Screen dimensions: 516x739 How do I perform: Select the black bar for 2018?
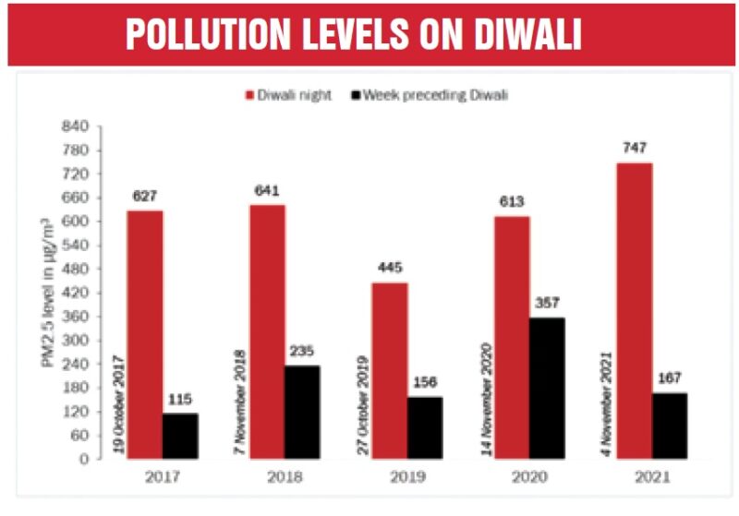coord(302,412)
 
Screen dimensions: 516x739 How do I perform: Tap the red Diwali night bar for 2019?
coord(389,370)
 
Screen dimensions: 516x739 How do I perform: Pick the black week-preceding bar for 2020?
coord(546,388)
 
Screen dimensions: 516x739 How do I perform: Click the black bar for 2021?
coord(669,426)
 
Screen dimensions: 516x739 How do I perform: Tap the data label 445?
coord(389,269)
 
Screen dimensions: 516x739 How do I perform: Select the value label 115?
coord(180,400)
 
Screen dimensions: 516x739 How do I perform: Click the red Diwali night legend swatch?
coord(249,94)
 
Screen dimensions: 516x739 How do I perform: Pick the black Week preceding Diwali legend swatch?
coord(357,94)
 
